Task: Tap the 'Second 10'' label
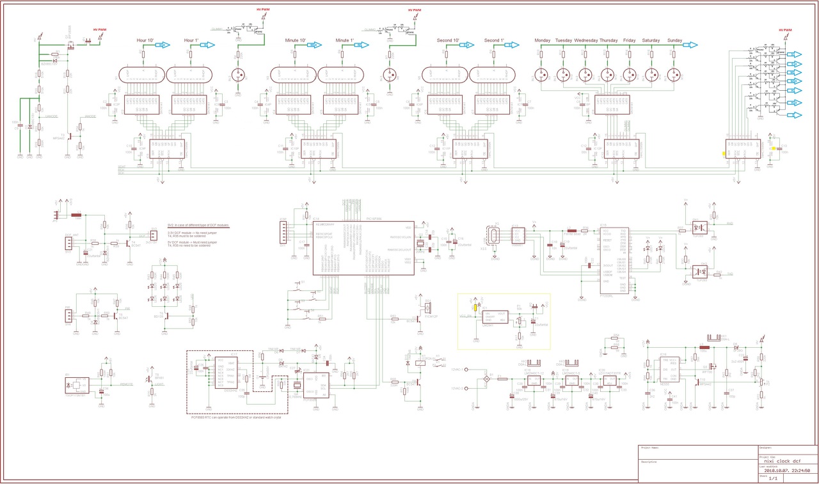[x=448, y=40]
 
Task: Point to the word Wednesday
[x=585, y=40]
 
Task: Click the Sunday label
[x=674, y=40]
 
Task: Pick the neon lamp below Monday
[x=542, y=75]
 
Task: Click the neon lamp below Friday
[x=629, y=75]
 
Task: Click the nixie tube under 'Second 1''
[x=492, y=75]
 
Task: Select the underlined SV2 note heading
[x=198, y=226]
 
